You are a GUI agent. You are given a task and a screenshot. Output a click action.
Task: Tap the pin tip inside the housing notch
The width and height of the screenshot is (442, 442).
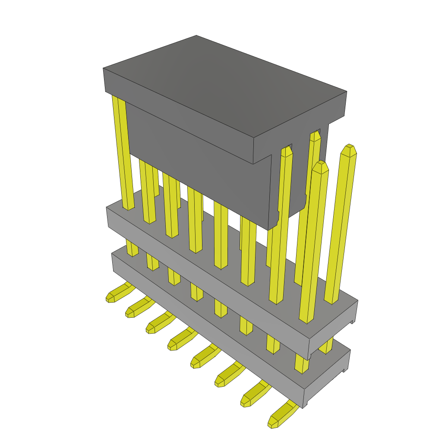315,136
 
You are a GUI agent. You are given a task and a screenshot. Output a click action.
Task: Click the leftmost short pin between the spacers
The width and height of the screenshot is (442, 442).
132,248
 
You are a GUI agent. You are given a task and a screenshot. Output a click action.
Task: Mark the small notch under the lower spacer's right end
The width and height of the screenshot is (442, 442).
345,370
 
